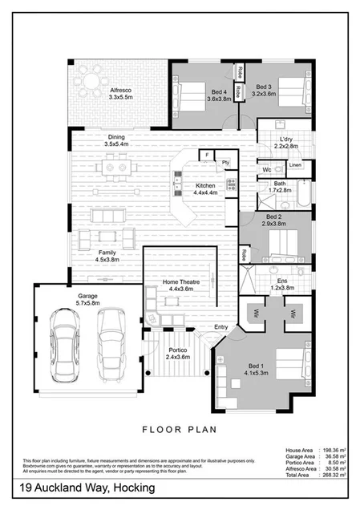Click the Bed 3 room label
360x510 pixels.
(265, 91)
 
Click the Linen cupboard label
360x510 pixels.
(294, 165)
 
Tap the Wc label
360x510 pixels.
(266, 170)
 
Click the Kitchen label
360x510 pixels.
(206, 189)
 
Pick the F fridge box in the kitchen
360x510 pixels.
(207, 154)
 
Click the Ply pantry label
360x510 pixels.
(226, 162)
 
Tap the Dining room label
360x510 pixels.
(117, 140)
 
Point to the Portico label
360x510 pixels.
(179, 354)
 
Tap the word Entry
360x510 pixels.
(221, 327)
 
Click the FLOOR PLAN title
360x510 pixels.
(180, 429)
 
